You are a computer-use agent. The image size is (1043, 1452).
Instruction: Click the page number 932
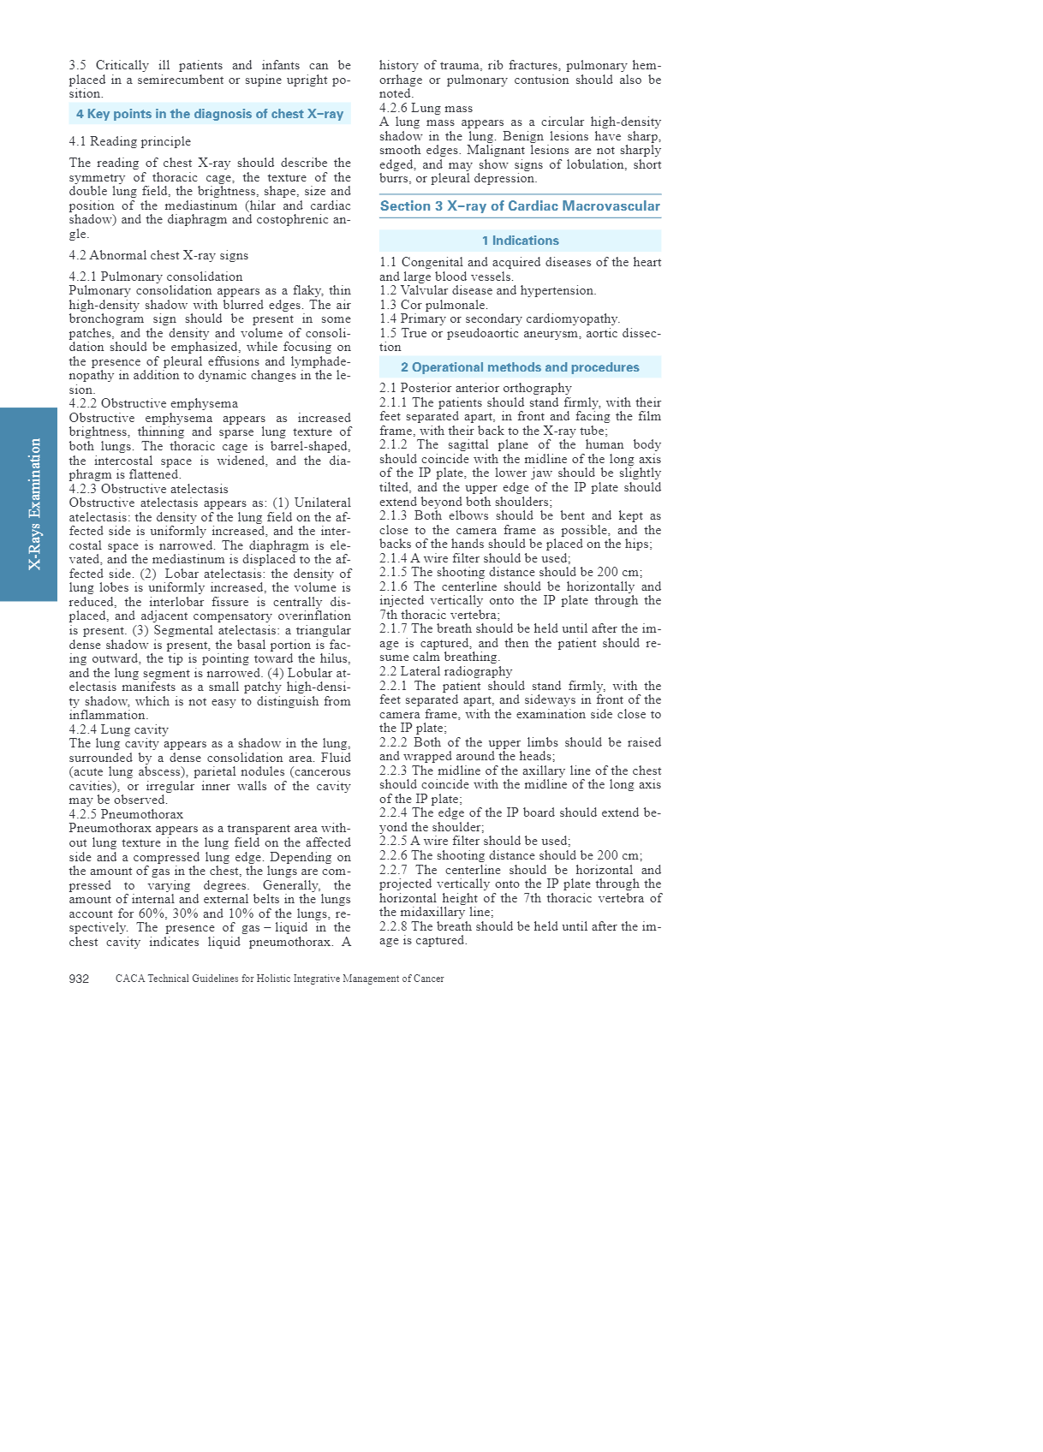79,979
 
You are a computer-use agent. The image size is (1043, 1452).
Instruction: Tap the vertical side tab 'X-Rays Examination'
35,504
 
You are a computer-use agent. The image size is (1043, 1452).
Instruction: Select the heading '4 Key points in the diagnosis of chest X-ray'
210,114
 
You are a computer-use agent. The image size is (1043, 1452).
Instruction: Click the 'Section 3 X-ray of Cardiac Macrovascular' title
520,206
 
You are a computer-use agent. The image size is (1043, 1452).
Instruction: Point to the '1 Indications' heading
520,241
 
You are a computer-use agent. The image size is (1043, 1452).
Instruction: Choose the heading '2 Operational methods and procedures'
520,367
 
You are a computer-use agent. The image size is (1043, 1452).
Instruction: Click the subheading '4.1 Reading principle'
130,141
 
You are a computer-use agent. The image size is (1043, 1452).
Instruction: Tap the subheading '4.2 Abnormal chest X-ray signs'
158,255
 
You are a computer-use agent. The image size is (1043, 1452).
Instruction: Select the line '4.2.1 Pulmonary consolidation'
156,277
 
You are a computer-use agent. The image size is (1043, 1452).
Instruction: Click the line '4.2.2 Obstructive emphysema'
153,403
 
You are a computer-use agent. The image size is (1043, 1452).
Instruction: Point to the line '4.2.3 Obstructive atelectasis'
149,489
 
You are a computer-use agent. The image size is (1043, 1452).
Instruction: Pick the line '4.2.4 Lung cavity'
119,729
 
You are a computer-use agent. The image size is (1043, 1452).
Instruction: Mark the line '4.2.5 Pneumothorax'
126,814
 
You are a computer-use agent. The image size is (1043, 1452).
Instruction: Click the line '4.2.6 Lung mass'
426,108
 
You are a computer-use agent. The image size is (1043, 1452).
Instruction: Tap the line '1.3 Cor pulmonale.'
433,305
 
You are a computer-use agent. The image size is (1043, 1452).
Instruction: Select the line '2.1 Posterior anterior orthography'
475,388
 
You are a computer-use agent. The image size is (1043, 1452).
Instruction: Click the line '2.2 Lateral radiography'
445,671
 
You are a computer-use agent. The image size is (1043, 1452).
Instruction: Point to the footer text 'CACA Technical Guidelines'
279,979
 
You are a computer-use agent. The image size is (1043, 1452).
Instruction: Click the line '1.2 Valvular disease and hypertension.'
487,290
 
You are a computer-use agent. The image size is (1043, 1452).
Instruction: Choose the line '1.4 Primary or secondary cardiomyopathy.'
499,318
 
